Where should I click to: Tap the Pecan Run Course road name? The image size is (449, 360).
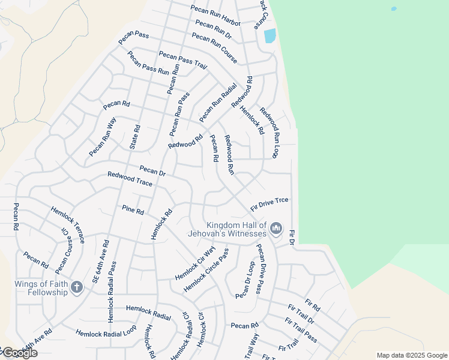click(x=214, y=48)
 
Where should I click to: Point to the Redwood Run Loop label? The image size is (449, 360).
click(x=270, y=133)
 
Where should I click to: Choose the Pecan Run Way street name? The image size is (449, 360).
click(x=103, y=137)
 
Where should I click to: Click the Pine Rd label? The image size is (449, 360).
click(x=133, y=211)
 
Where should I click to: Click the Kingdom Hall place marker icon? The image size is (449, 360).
click(x=276, y=228)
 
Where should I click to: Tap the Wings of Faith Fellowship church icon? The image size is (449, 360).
click(x=76, y=287)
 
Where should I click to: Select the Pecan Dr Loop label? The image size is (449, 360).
click(x=246, y=280)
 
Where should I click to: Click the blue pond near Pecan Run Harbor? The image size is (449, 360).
click(x=270, y=36)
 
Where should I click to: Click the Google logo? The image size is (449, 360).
click(x=19, y=353)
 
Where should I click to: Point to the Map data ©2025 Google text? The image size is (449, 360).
click(x=411, y=355)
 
